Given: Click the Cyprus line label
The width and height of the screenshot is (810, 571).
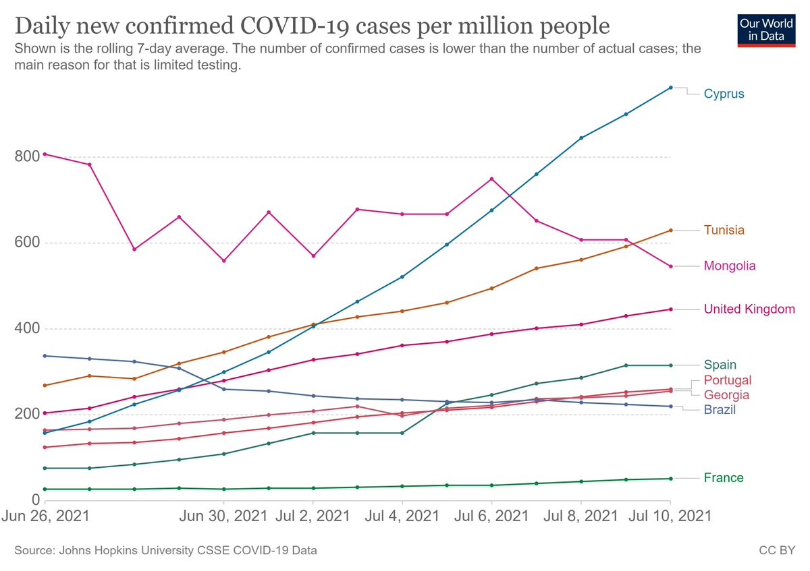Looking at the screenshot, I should click(x=724, y=94).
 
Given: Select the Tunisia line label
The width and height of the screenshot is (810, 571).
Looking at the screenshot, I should click(x=724, y=230).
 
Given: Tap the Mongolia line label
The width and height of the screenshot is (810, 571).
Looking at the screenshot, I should click(x=729, y=266).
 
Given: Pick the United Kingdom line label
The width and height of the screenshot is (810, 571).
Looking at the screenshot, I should click(x=749, y=309).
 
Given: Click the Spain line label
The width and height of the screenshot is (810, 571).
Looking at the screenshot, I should click(x=720, y=364).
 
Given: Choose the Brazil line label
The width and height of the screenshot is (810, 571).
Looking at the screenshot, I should click(x=720, y=409).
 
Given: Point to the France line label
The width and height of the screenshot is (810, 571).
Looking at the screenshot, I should click(x=723, y=478).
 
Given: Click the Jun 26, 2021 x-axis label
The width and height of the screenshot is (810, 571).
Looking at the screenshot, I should click(x=45, y=516).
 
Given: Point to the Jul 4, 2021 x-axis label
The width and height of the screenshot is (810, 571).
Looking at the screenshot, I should click(x=402, y=516).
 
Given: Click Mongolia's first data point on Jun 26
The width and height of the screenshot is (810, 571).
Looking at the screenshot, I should click(x=45, y=154).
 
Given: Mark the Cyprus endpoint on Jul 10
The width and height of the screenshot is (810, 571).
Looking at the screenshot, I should click(x=670, y=88).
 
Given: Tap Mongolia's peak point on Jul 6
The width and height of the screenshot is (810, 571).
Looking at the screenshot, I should click(x=491, y=179).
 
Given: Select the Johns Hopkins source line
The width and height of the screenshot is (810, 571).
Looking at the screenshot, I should click(x=165, y=551).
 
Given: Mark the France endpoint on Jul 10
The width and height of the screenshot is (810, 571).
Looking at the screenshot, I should click(x=670, y=479).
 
